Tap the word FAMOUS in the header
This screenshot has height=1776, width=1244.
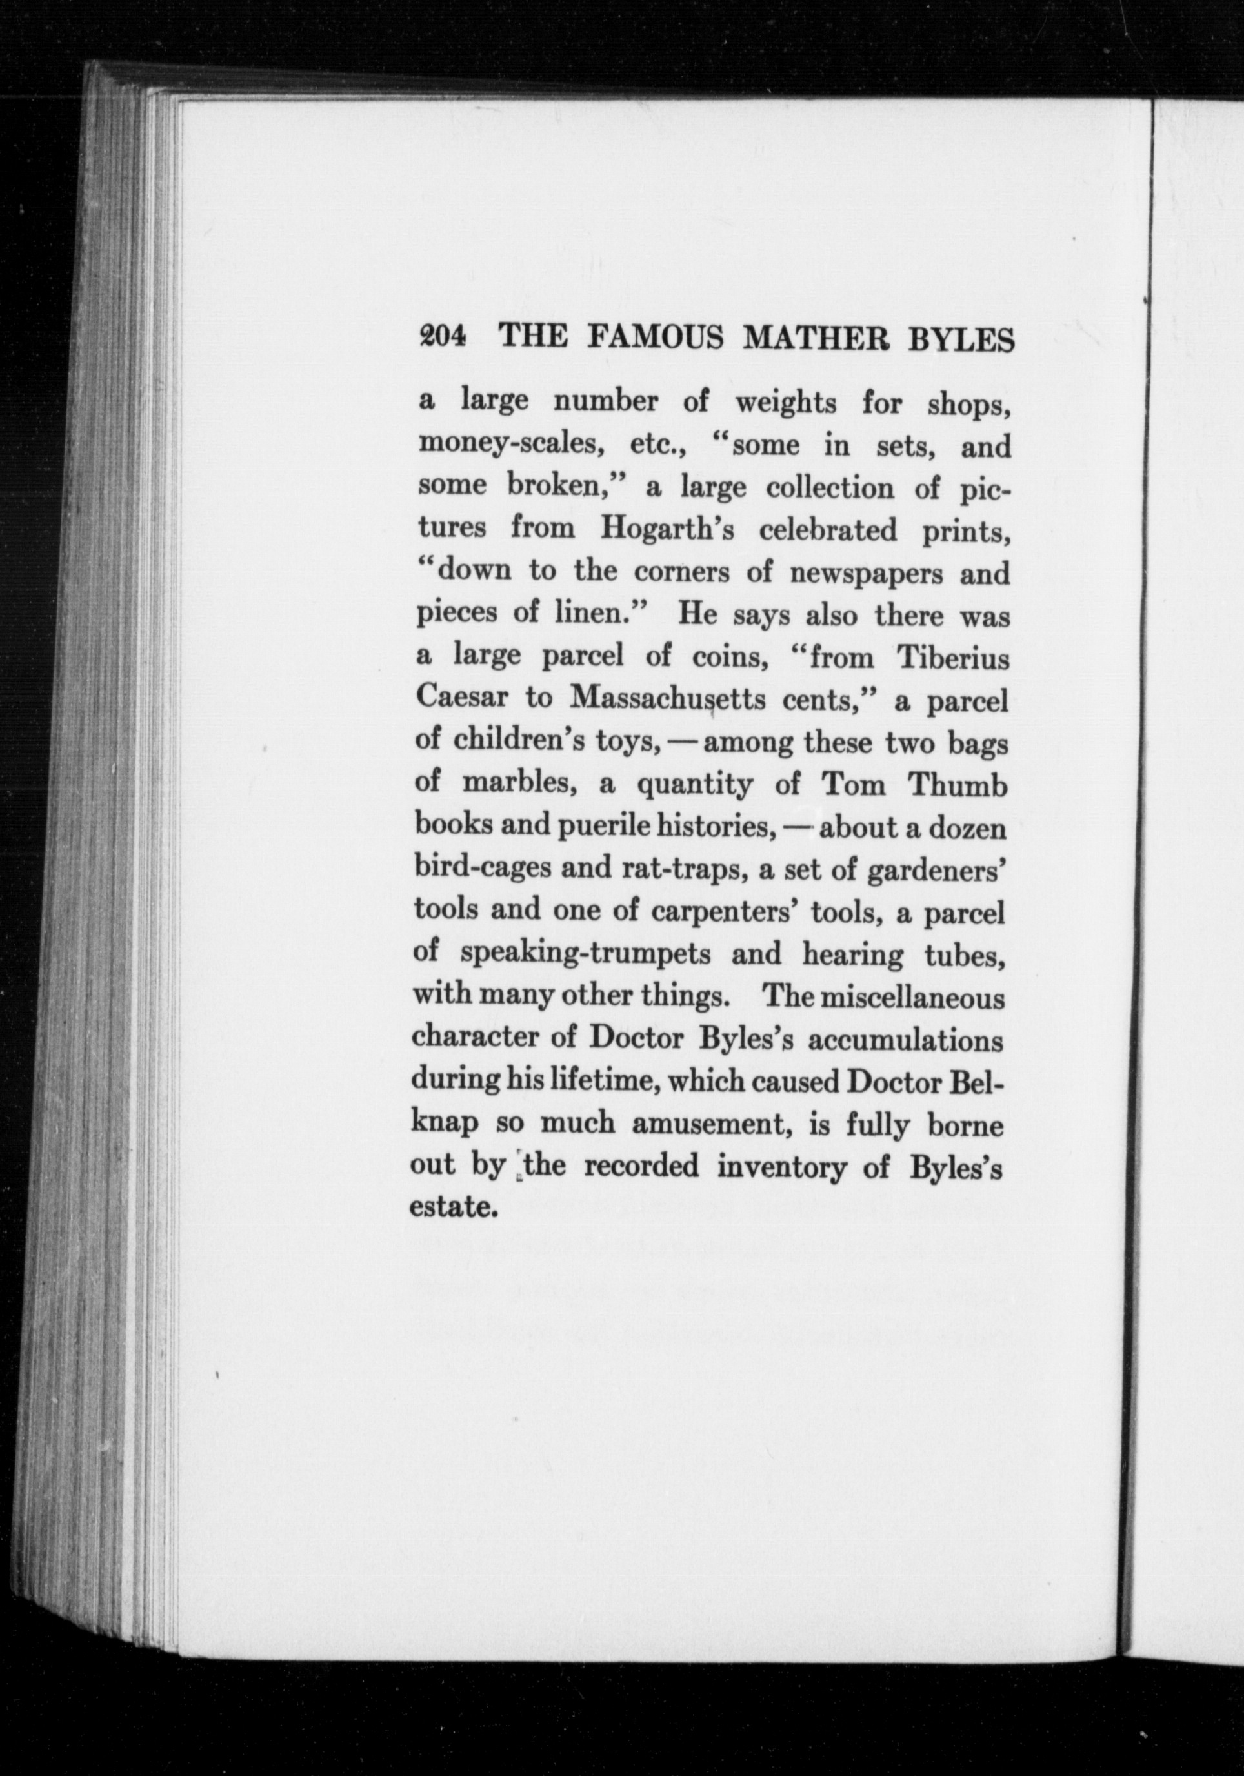coord(656,338)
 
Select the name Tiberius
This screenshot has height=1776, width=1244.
coord(952,657)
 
